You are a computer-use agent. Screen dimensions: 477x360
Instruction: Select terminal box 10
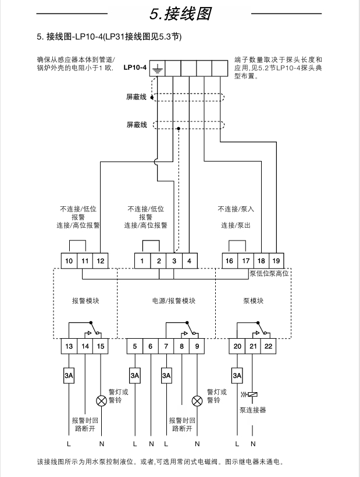(x=69, y=261)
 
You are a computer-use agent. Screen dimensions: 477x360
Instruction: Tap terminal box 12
(x=101, y=261)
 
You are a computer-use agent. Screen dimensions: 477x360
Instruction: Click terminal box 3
(x=174, y=261)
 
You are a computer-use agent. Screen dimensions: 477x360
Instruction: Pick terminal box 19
(x=277, y=261)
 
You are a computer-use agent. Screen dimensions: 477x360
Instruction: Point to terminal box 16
(x=230, y=261)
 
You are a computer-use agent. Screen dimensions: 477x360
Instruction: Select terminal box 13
(x=69, y=347)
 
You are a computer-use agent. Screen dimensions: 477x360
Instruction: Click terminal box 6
(x=151, y=347)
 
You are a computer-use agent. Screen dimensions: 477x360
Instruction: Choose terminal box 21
(x=253, y=347)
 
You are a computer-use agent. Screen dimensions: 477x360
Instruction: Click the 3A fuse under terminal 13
(x=69, y=376)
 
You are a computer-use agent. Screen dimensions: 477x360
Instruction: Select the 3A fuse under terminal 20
(x=237, y=376)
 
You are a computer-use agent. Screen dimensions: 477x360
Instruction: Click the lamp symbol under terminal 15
(x=101, y=400)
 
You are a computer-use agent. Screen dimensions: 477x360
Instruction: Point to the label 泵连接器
(x=252, y=410)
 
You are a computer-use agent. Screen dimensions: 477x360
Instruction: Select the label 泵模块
(x=253, y=301)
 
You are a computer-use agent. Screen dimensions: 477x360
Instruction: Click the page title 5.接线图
(x=180, y=13)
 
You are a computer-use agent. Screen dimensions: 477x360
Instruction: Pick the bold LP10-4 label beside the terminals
(x=135, y=68)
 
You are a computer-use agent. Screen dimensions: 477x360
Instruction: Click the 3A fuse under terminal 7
(x=166, y=376)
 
